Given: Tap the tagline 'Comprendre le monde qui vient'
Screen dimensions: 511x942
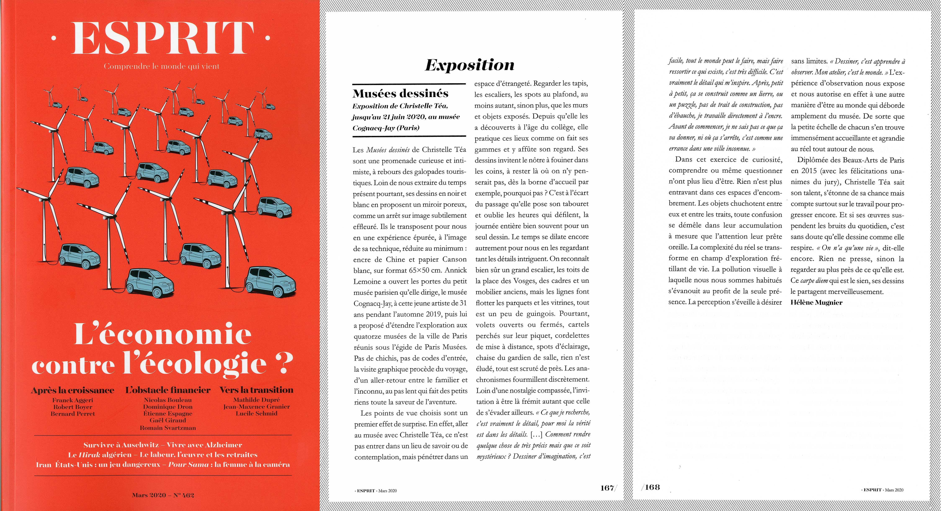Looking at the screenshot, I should pos(162,66).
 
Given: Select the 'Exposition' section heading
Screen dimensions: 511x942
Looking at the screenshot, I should pos(470,65).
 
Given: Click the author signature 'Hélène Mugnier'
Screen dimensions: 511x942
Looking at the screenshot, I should pos(816,302).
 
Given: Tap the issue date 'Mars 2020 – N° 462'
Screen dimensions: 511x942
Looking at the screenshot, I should pos(163,495).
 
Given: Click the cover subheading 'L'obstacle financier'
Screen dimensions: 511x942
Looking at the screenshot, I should pos(168,390).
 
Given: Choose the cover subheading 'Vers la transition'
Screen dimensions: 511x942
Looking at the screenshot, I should pos(256,390).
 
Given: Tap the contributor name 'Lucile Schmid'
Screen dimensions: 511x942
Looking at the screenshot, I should pos(256,413).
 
